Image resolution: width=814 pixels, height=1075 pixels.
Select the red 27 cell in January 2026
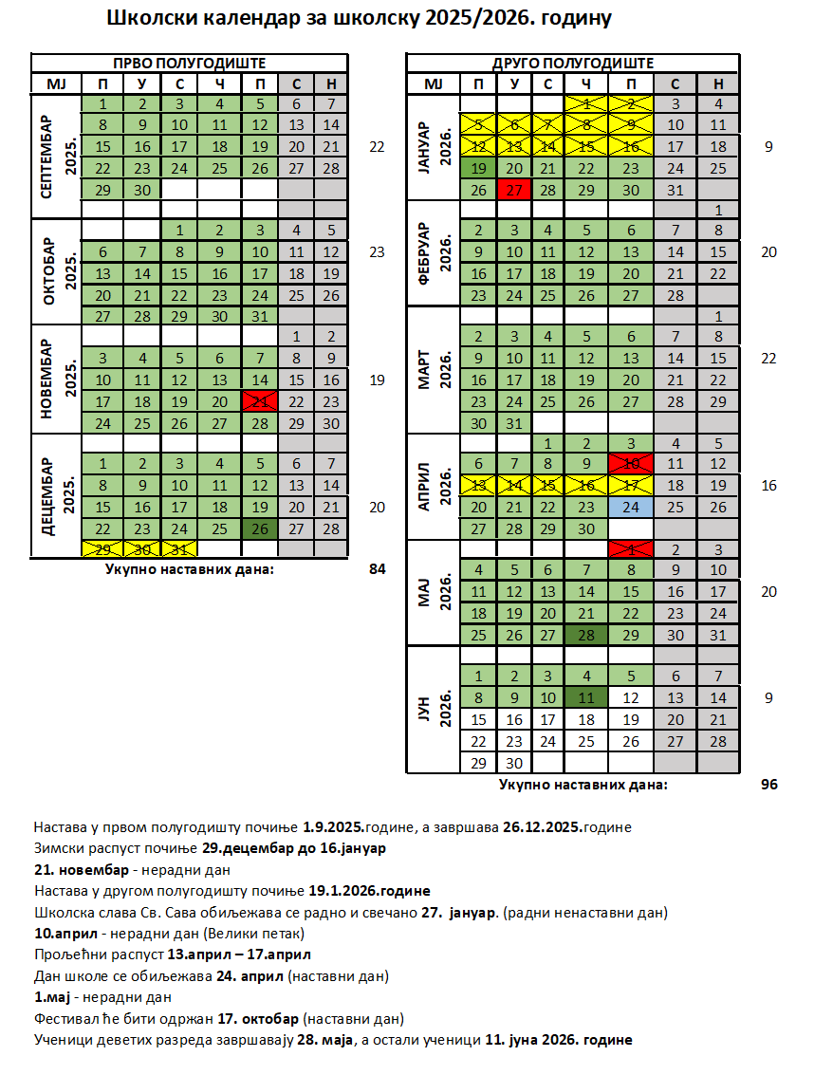coord(514,190)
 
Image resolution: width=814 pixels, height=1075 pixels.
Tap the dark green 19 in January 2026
coord(479,169)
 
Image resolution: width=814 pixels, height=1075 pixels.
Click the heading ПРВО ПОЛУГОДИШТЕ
coord(188,63)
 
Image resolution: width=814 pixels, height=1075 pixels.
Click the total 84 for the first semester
coord(378,569)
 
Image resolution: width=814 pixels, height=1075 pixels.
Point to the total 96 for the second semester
coord(768,785)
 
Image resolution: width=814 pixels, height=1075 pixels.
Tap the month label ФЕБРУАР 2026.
coord(432,253)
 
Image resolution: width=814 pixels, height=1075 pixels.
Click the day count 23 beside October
coord(378,252)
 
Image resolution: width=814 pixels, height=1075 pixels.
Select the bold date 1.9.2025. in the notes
coord(336,826)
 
